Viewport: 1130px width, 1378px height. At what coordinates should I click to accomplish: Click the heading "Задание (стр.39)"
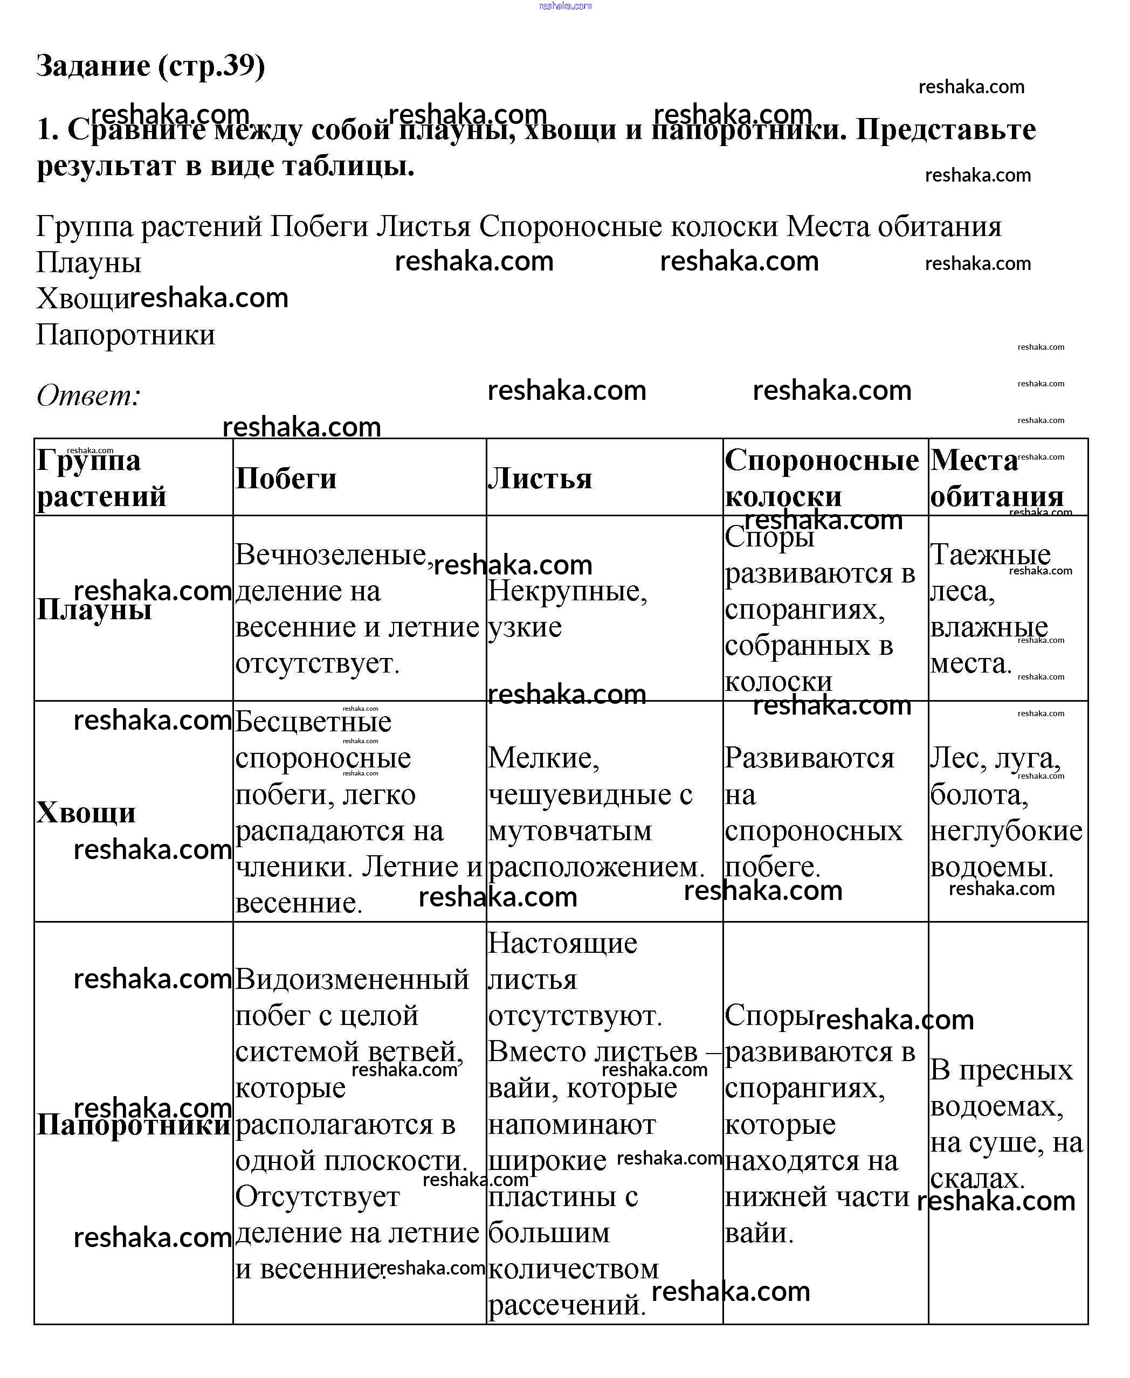[x=150, y=66]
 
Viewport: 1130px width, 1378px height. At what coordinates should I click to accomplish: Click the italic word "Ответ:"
[x=88, y=395]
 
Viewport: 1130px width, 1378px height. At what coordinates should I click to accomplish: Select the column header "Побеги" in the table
[x=286, y=478]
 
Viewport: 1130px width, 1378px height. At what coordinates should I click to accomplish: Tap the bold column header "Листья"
[x=540, y=478]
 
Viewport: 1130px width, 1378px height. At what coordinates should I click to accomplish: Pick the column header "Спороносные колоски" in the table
[x=822, y=478]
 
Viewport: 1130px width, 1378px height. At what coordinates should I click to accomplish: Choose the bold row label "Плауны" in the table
[x=94, y=609]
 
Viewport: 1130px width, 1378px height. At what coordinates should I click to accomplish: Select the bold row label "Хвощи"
[x=86, y=812]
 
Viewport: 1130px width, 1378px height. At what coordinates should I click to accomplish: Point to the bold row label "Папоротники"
[x=134, y=1124]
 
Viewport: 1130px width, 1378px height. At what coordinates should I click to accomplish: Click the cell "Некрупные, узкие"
[x=568, y=608]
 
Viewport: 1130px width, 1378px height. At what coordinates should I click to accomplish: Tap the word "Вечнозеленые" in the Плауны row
[x=330, y=555]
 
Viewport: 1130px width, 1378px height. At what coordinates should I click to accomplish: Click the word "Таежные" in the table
[x=990, y=555]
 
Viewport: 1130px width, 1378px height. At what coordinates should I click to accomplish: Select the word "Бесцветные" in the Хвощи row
[x=313, y=722]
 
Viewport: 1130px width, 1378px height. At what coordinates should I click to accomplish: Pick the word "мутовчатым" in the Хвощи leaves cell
[x=569, y=831]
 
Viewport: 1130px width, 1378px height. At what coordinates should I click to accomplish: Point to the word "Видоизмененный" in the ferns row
[x=352, y=979]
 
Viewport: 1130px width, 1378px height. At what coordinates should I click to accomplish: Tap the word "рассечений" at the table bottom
[x=566, y=1305]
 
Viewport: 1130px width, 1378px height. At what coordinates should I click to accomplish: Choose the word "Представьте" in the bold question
[x=945, y=129]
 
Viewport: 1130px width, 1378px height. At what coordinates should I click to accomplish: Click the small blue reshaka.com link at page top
[x=565, y=6]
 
